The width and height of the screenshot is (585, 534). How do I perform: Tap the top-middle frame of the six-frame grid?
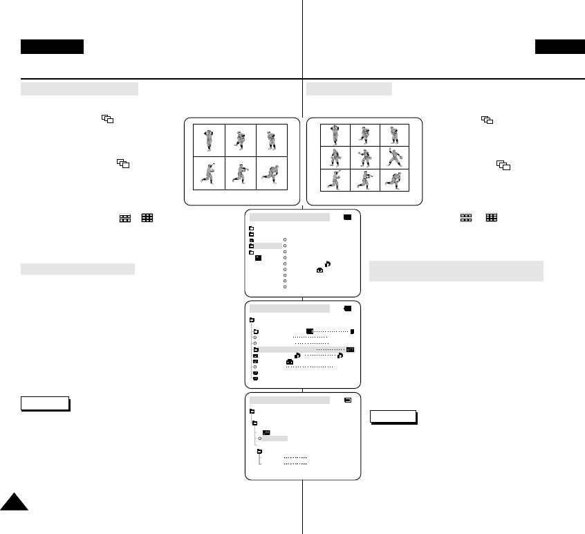240,140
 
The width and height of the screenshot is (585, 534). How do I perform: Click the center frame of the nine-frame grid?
364,158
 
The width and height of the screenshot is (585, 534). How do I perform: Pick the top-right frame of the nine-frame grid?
394,135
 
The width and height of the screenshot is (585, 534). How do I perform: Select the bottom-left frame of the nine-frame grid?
335,180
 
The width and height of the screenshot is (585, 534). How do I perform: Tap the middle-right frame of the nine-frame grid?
394,158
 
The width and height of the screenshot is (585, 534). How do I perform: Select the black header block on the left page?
52,47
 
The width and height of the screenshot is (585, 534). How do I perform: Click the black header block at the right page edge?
559,47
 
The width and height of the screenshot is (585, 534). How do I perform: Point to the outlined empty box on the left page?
45,403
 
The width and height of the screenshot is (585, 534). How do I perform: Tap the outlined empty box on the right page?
393,416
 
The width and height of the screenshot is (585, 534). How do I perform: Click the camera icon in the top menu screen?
320,270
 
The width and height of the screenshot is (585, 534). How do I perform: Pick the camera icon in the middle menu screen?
290,362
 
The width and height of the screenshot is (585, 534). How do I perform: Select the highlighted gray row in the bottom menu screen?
275,439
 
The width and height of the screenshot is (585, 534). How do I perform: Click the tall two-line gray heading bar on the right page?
456,271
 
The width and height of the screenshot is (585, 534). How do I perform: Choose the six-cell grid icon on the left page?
125,217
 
